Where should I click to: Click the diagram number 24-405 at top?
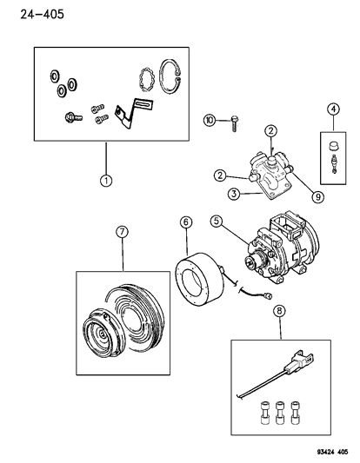42,14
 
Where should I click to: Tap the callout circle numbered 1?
106,180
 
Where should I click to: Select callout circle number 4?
333,109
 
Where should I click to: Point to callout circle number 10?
210,120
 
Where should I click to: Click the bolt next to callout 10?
235,123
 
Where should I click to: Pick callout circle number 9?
318,196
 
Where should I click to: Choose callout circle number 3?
234,194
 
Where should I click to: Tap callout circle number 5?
217,222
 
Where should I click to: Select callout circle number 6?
186,222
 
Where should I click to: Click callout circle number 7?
122,232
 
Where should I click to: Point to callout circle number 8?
280,310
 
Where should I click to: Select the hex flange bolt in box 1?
73,117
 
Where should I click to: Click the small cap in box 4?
333,146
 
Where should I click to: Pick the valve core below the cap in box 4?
334,164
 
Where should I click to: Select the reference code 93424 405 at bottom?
332,452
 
